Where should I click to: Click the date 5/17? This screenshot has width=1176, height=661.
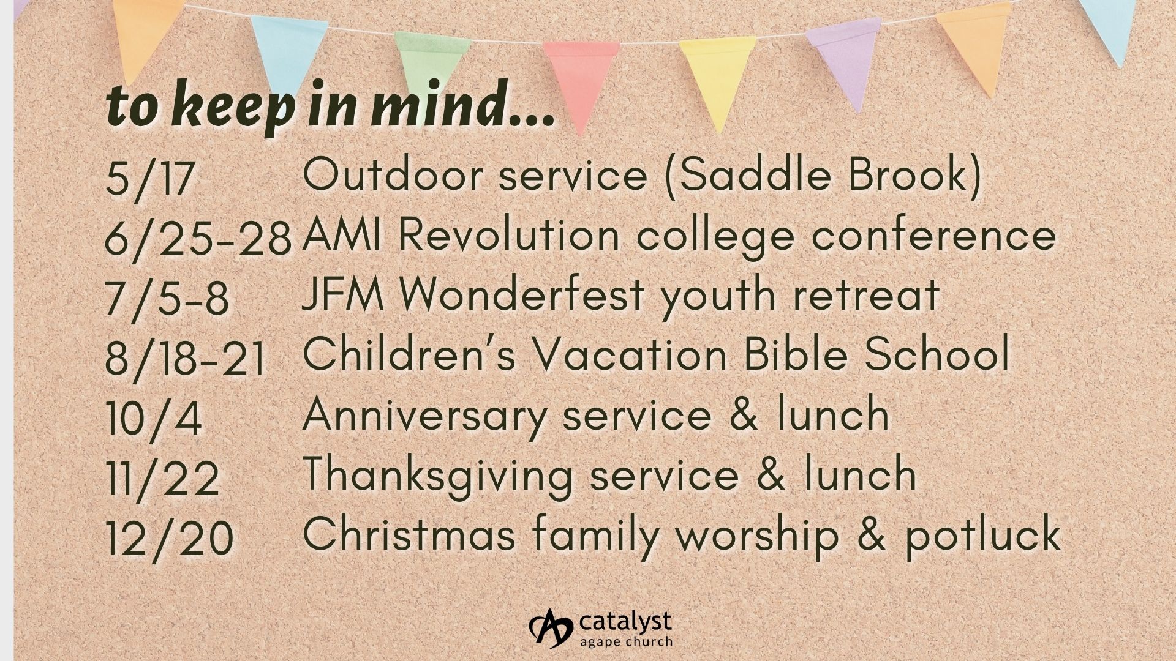150,179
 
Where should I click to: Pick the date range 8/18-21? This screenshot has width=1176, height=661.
185,358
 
